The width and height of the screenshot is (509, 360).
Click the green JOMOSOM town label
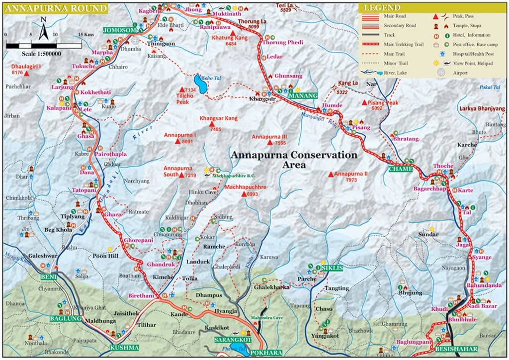click(119, 30)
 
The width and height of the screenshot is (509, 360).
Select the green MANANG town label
click(304, 95)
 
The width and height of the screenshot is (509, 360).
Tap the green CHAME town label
click(401, 169)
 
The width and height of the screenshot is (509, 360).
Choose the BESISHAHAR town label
click(456, 349)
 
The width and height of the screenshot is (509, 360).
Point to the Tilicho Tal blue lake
click(200, 85)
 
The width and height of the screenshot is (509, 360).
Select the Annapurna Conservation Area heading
click(293, 160)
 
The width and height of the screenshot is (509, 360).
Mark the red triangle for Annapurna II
click(331, 174)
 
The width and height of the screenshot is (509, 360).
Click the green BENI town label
click(49, 276)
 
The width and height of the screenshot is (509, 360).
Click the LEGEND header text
click(381, 8)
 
